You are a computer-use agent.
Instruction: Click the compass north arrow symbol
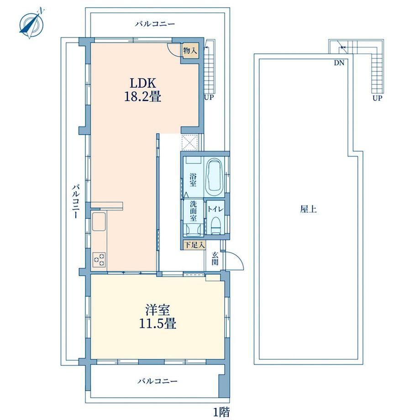click(x=32, y=23)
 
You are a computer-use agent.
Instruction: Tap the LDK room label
click(x=143, y=83)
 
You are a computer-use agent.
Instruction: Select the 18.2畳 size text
click(x=143, y=97)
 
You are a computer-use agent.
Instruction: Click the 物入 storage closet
click(x=190, y=50)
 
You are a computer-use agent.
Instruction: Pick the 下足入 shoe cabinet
click(x=194, y=245)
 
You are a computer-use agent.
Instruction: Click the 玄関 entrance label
click(x=215, y=258)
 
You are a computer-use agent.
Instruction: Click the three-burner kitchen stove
click(x=99, y=259)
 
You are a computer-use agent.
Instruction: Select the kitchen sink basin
click(x=99, y=221)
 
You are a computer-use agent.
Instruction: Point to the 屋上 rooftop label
click(x=308, y=209)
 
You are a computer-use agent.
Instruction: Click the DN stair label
click(x=339, y=63)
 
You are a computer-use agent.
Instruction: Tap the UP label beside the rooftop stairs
click(x=377, y=98)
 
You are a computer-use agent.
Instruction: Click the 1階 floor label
click(x=221, y=412)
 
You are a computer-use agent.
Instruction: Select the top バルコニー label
click(x=155, y=24)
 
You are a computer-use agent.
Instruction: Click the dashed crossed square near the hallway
click(x=189, y=142)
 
